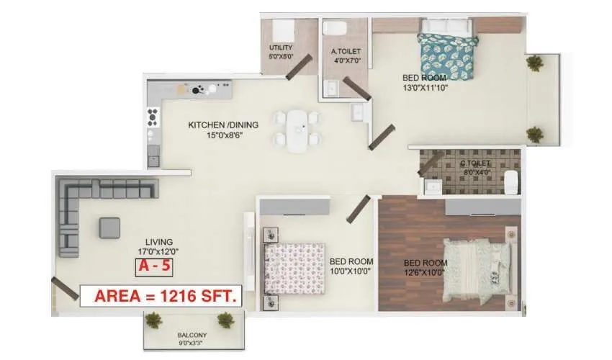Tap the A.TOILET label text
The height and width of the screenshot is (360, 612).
click(346, 51)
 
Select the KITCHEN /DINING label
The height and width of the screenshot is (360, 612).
click(223, 125)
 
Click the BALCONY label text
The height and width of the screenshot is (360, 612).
click(192, 335)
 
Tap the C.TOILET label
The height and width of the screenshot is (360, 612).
click(475, 164)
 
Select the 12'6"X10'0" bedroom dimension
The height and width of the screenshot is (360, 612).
click(426, 272)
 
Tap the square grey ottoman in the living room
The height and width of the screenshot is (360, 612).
click(110, 228)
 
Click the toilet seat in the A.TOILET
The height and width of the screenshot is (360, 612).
click(336, 27)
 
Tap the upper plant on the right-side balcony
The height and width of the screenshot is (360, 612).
click(534, 63)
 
